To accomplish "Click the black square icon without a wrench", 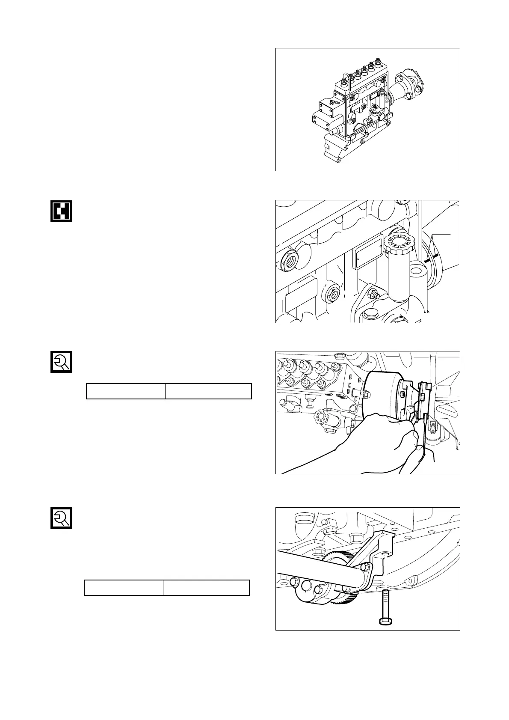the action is (61, 211).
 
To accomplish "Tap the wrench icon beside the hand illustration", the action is (61, 362).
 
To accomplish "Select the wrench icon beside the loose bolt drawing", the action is (61, 518).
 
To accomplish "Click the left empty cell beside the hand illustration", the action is (126, 391).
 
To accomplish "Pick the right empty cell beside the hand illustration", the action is (208, 391).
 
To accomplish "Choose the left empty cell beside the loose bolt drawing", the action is (124, 588).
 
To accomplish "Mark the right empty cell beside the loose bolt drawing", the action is (206, 588).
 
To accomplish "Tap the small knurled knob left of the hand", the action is (320, 416).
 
